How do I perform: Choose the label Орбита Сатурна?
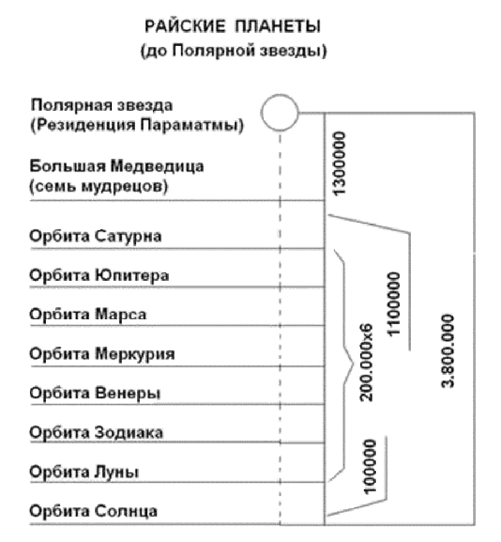pyautogui.click(x=95, y=236)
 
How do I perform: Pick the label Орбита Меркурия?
pyautogui.click(x=102, y=353)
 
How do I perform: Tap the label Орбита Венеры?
pyautogui.click(x=95, y=393)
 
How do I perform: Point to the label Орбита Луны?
pyautogui.click(x=85, y=471)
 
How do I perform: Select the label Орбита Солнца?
pyautogui.click(x=94, y=511)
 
